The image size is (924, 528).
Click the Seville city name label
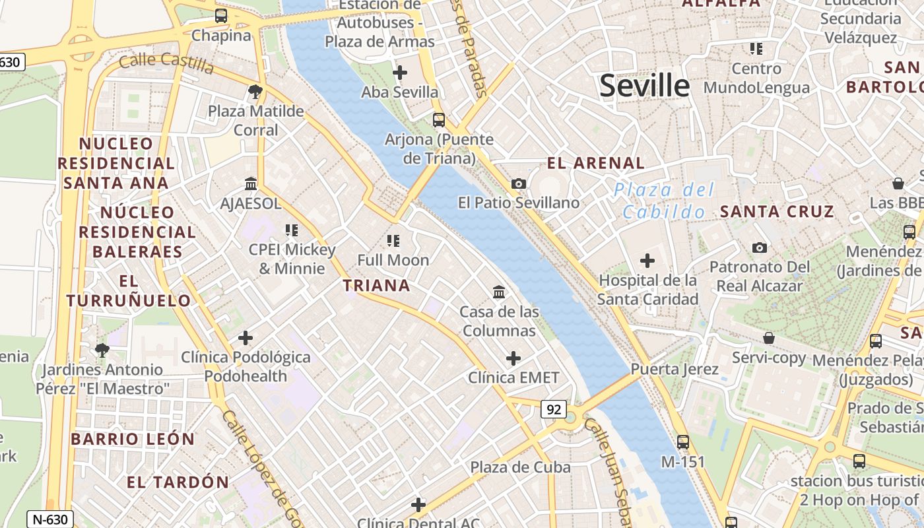point(644,86)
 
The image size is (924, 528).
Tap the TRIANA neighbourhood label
point(376,286)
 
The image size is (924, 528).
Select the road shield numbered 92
point(553,409)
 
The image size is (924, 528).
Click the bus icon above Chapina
point(221,16)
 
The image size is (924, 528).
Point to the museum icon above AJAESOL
point(251,183)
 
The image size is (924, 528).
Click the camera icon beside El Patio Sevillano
point(519,183)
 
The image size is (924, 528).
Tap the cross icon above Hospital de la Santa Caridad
point(647,261)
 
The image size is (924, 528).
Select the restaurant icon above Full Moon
point(393,240)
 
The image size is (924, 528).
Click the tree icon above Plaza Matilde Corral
point(255,91)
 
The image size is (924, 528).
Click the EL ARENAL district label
point(595,163)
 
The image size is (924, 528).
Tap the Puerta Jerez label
point(674,369)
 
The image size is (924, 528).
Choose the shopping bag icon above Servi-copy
point(769,338)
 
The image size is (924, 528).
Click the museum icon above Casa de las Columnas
point(499,292)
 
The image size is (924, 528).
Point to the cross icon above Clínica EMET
point(513,358)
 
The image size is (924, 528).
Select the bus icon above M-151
point(683,442)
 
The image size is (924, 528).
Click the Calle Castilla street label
point(166,63)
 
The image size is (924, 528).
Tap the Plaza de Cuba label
point(520,467)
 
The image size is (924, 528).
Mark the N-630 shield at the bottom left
point(50,519)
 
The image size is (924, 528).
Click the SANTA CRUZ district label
point(777,212)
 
